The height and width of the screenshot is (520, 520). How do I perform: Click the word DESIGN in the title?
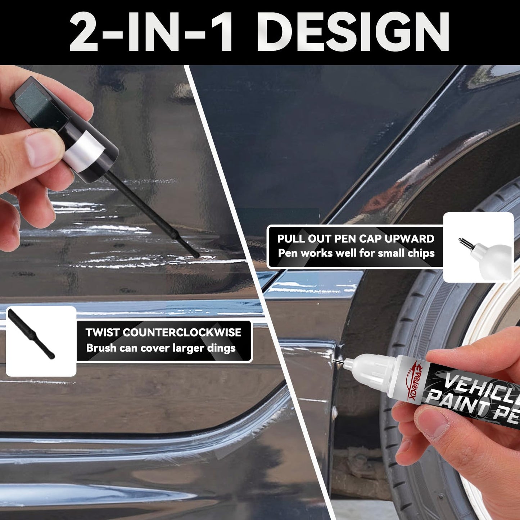pyautogui.click(x=353, y=33)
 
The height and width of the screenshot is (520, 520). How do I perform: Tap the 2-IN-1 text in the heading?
pyautogui.click(x=151, y=33)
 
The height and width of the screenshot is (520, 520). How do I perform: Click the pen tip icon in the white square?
pyautogui.click(x=468, y=245)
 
